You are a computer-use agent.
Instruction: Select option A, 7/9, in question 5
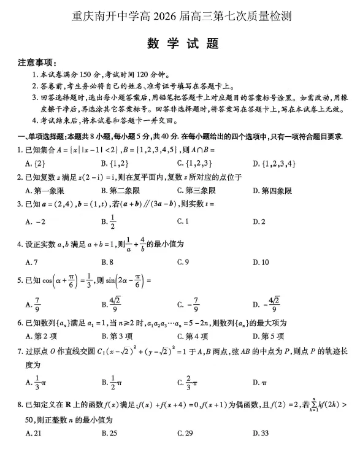(34, 304)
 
